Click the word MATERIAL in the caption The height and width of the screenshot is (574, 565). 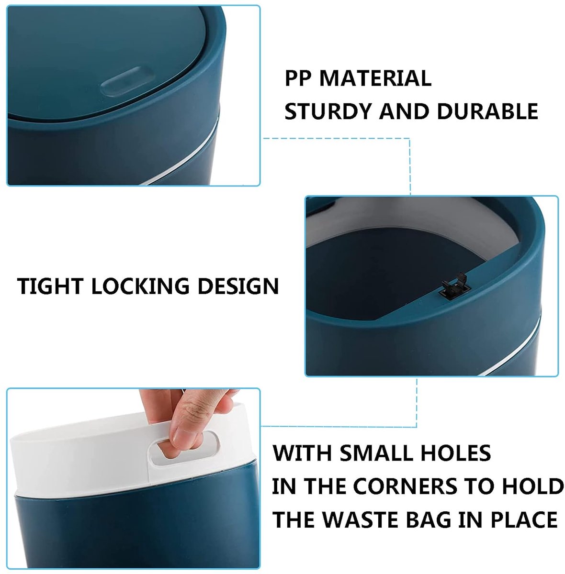pos(375,78)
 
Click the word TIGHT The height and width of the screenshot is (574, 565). pos(50,286)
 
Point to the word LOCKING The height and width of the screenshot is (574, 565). pos(140,286)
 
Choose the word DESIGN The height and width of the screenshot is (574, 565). pos(238,286)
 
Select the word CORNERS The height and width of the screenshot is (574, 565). pos(405,486)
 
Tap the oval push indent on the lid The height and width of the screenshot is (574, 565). pos(126,81)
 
